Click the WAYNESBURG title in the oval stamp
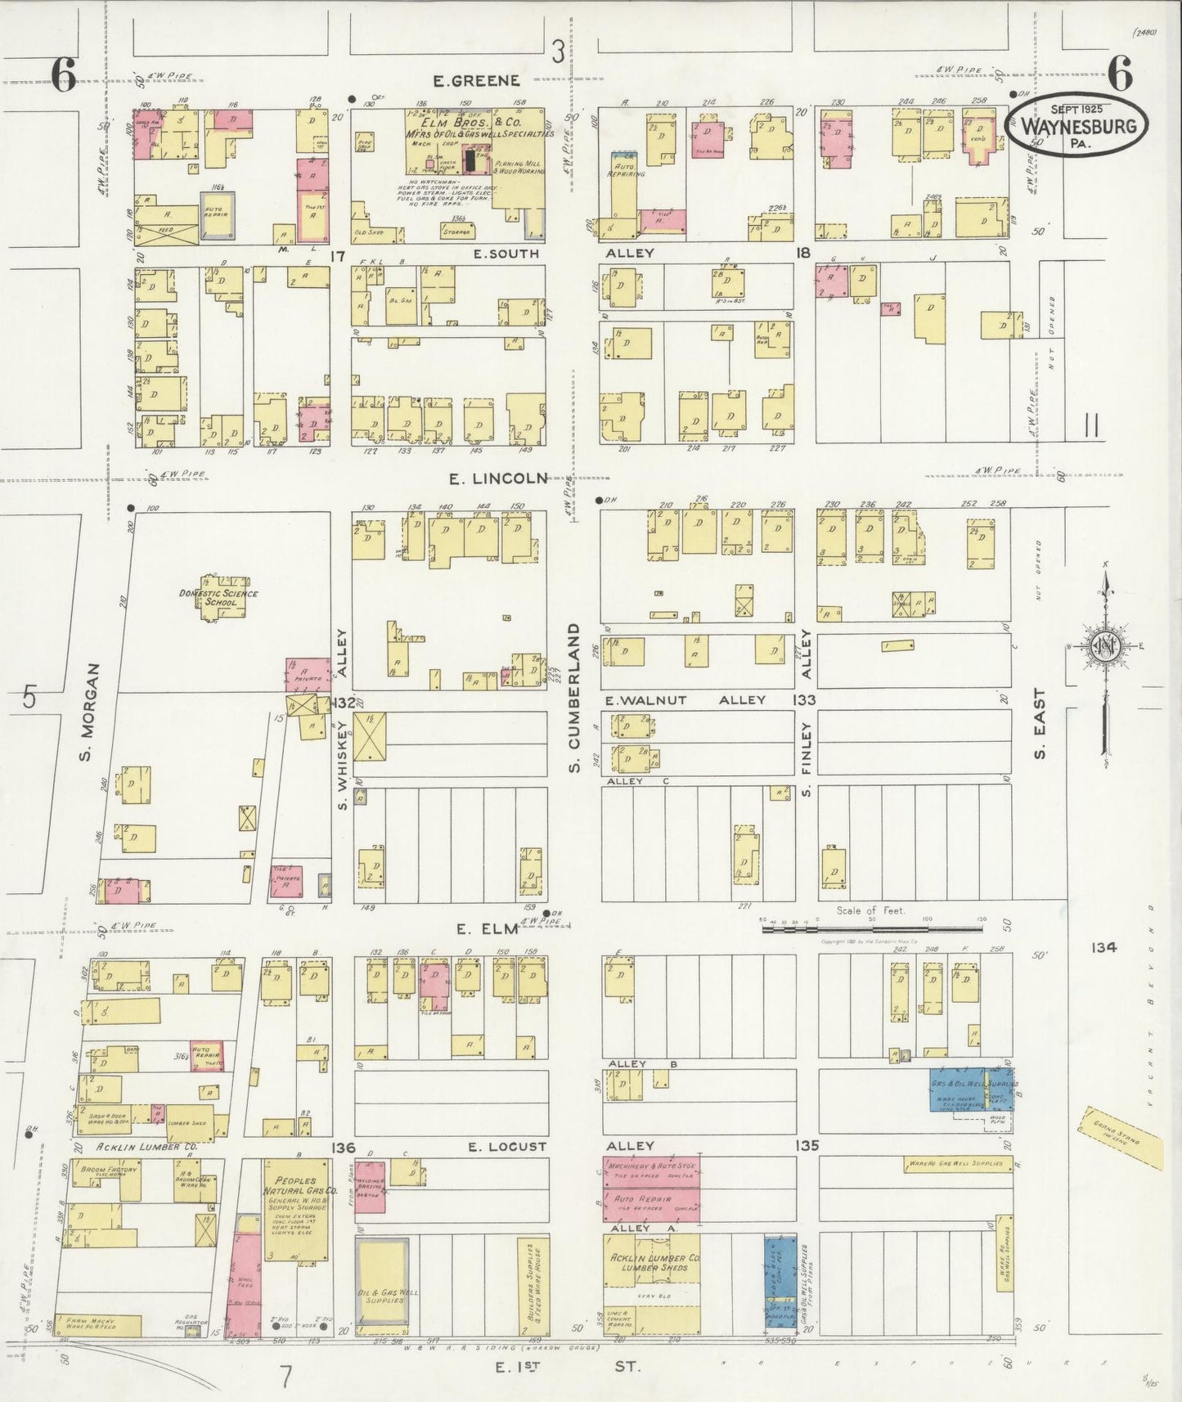pyautogui.click(x=1078, y=126)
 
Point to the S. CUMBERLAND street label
pyautogui.click(x=574, y=698)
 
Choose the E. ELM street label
pyautogui.click(x=488, y=928)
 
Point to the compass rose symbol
pyautogui.click(x=1105, y=648)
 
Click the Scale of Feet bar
pyautogui.click(x=871, y=928)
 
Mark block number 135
pyautogui.click(x=806, y=1145)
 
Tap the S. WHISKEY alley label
pyautogui.click(x=343, y=764)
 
